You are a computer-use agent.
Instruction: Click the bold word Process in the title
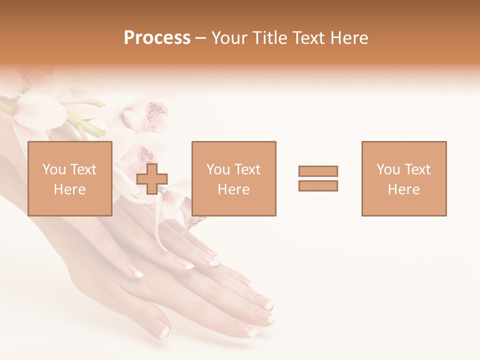[157, 38]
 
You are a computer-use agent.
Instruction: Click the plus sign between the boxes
[152, 179]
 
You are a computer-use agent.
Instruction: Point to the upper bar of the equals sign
[318, 171]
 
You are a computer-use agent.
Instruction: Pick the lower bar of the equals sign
[318, 186]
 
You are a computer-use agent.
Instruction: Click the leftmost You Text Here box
[70, 178]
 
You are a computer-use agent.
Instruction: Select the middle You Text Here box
[233, 178]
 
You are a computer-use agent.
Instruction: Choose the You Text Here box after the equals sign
[404, 178]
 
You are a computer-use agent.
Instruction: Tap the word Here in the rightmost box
[404, 189]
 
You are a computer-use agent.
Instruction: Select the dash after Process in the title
[200, 38]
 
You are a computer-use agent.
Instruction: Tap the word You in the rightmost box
[387, 169]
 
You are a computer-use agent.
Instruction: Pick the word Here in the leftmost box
[70, 189]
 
